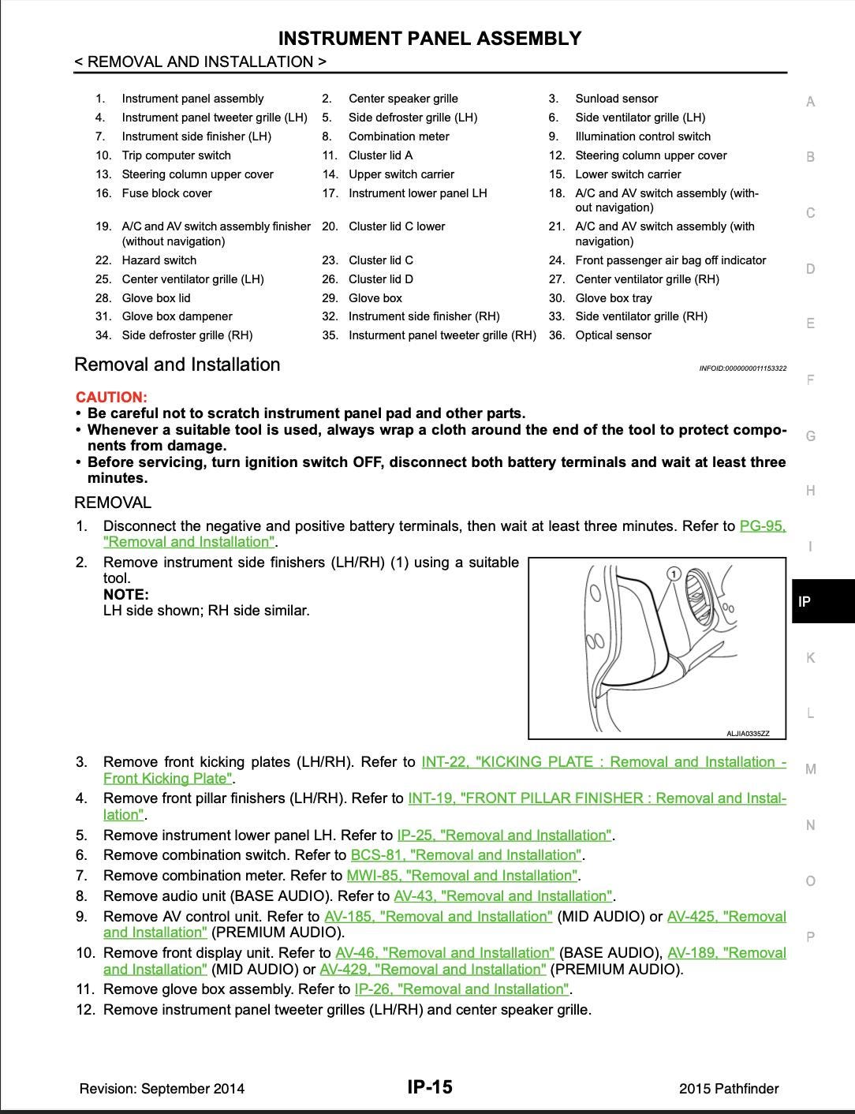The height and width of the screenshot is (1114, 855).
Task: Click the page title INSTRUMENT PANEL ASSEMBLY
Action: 430,39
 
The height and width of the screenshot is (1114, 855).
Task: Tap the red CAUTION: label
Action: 111,397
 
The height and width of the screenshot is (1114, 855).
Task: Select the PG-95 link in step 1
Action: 762,526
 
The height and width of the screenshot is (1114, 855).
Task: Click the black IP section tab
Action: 822,601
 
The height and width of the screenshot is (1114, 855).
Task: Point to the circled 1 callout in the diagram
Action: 673,574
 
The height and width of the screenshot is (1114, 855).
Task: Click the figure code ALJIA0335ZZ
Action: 747,734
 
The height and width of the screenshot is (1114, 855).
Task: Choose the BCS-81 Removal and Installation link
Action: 466,854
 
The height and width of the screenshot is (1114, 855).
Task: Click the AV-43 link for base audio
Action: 502,895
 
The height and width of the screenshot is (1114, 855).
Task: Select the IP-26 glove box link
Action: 461,989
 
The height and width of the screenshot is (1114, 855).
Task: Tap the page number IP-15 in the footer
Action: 430,1087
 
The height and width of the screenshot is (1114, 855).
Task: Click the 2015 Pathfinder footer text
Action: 728,1089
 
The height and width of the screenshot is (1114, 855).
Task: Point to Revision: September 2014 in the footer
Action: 162,1089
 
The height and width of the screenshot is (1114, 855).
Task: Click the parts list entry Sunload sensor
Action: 616,99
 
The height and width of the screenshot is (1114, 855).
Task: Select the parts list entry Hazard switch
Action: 159,260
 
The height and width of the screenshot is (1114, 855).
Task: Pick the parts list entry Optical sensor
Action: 613,335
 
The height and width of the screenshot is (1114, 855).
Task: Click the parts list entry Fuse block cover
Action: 166,193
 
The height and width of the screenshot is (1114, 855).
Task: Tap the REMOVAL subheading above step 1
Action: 113,503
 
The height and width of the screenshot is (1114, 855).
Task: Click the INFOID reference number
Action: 742,368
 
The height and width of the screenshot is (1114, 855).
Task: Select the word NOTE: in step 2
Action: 125,595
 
